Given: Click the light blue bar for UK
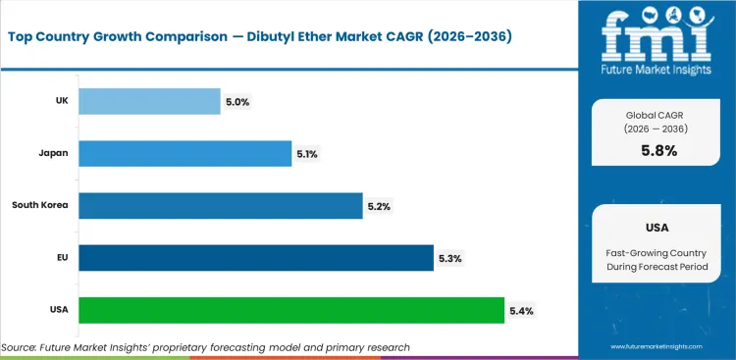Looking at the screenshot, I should pyautogui.click(x=149, y=100).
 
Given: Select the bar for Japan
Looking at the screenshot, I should pyautogui.click(x=184, y=152).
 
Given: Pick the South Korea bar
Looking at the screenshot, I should pyautogui.click(x=220, y=205).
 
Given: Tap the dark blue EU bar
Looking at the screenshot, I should pyautogui.click(x=255, y=258).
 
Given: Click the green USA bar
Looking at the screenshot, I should pyautogui.click(x=290, y=310).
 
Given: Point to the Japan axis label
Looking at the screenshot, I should pyautogui.click(x=52, y=152).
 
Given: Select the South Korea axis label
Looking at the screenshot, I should pyautogui.click(x=39, y=205).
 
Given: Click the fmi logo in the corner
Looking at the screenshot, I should pyautogui.click(x=657, y=36).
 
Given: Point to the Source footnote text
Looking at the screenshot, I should pyautogui.click(x=205, y=347).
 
